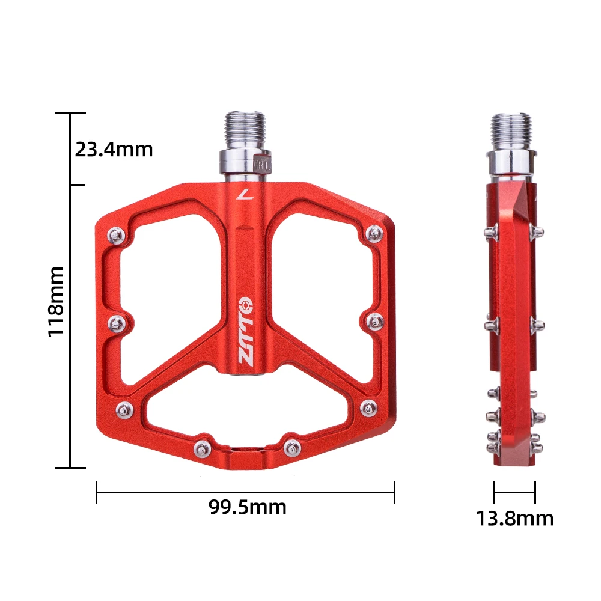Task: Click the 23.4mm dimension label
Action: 114,148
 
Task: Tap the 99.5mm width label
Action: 248,507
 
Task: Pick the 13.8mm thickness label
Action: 515,518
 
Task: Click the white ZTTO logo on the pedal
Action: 246,331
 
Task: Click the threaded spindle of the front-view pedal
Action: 246,130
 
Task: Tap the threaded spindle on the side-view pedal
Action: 511,131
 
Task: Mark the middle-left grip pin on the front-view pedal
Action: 115,324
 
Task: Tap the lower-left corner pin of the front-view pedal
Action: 124,409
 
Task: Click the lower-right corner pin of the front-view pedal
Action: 367,408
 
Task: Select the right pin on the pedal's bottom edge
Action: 291,446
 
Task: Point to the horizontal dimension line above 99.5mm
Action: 245,492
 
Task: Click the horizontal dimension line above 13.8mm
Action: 514,492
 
